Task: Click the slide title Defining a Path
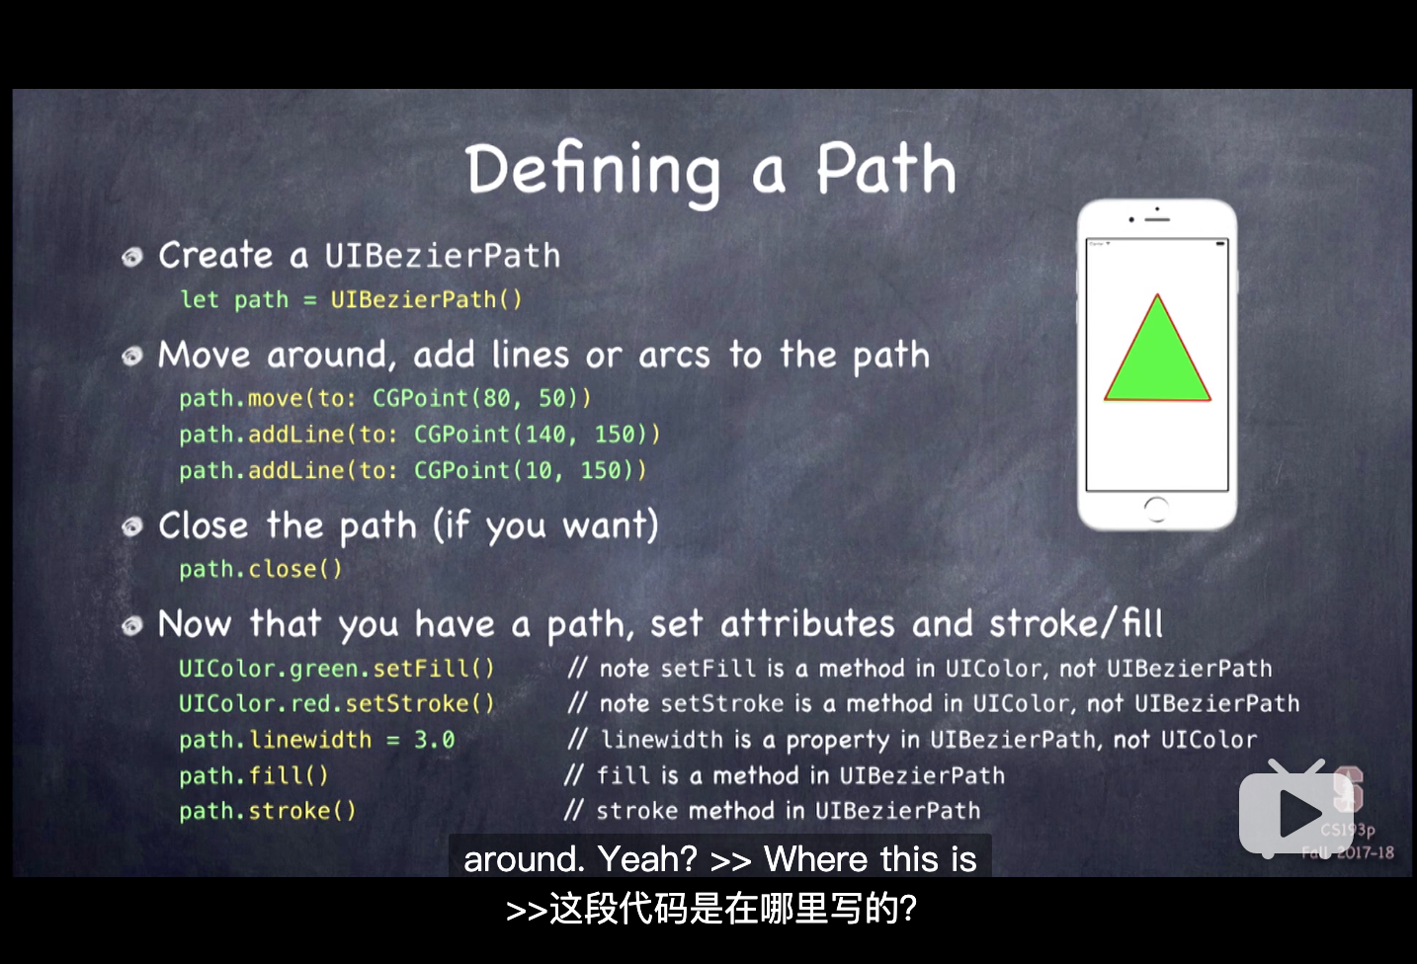pyautogui.click(x=710, y=171)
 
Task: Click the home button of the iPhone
pyautogui.click(x=1156, y=509)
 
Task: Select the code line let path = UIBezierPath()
pyautogui.click(x=351, y=299)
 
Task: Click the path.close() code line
pyautogui.click(x=261, y=569)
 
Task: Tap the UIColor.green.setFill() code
pyautogui.click(x=337, y=669)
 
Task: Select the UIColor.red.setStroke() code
pyautogui.click(x=337, y=704)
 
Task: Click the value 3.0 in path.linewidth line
pyautogui.click(x=435, y=740)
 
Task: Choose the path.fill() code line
pyautogui.click(x=254, y=775)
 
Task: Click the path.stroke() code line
pyautogui.click(x=268, y=811)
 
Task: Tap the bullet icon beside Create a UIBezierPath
pyautogui.click(x=132, y=257)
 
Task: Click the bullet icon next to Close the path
pyautogui.click(x=132, y=525)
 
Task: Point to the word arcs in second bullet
pyautogui.click(x=674, y=356)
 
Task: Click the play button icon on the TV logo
pyautogui.click(x=1300, y=812)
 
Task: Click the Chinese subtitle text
pyautogui.click(x=711, y=909)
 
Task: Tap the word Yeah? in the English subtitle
pyautogui.click(x=647, y=859)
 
